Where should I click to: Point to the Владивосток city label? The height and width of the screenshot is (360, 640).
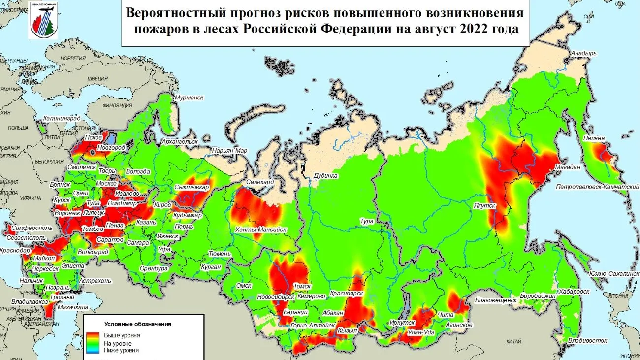point(587,340)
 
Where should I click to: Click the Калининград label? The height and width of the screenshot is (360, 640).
point(62,118)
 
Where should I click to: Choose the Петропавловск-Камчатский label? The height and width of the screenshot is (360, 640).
point(593,187)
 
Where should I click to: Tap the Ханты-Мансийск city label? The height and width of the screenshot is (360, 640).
point(261,229)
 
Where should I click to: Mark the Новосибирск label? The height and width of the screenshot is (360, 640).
point(276,297)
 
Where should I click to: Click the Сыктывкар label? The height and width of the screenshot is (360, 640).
point(192,188)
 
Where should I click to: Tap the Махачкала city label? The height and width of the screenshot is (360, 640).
point(70,307)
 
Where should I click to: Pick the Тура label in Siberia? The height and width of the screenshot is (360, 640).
point(367,221)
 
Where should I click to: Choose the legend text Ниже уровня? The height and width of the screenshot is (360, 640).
point(121,350)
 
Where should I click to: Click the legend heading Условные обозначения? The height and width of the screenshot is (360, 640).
point(137,324)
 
